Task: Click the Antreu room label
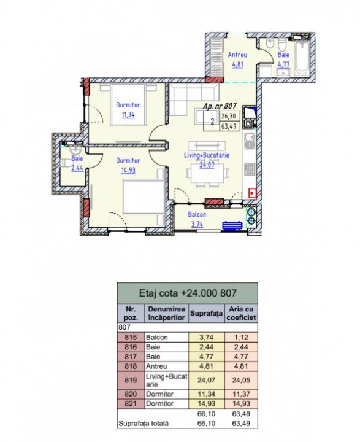coord(237,55)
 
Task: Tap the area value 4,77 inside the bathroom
coord(283,64)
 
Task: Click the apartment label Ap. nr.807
coord(220,106)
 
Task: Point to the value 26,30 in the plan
coord(229,116)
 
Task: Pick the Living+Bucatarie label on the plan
coord(207,155)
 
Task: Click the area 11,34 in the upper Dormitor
coord(128,115)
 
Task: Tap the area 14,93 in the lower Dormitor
coord(128,170)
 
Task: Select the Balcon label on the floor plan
coord(197,214)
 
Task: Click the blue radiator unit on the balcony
coord(232,225)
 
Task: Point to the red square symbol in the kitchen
coord(253,193)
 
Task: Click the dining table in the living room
coord(207,173)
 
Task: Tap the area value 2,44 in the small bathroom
coord(77,169)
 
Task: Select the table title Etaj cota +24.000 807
coord(188,293)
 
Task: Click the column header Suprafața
coord(206,313)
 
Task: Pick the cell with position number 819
coord(131,380)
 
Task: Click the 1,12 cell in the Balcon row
coord(241,338)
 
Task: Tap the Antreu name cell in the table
coord(156,366)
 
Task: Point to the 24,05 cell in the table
coord(241,380)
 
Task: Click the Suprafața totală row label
coord(144,424)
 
